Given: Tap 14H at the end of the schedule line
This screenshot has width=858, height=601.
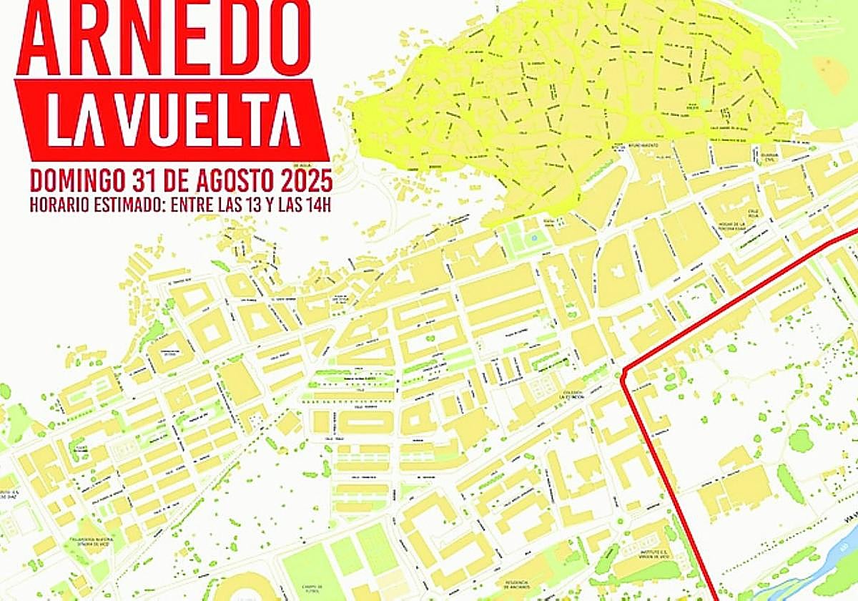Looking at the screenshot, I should click(x=321, y=203).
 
